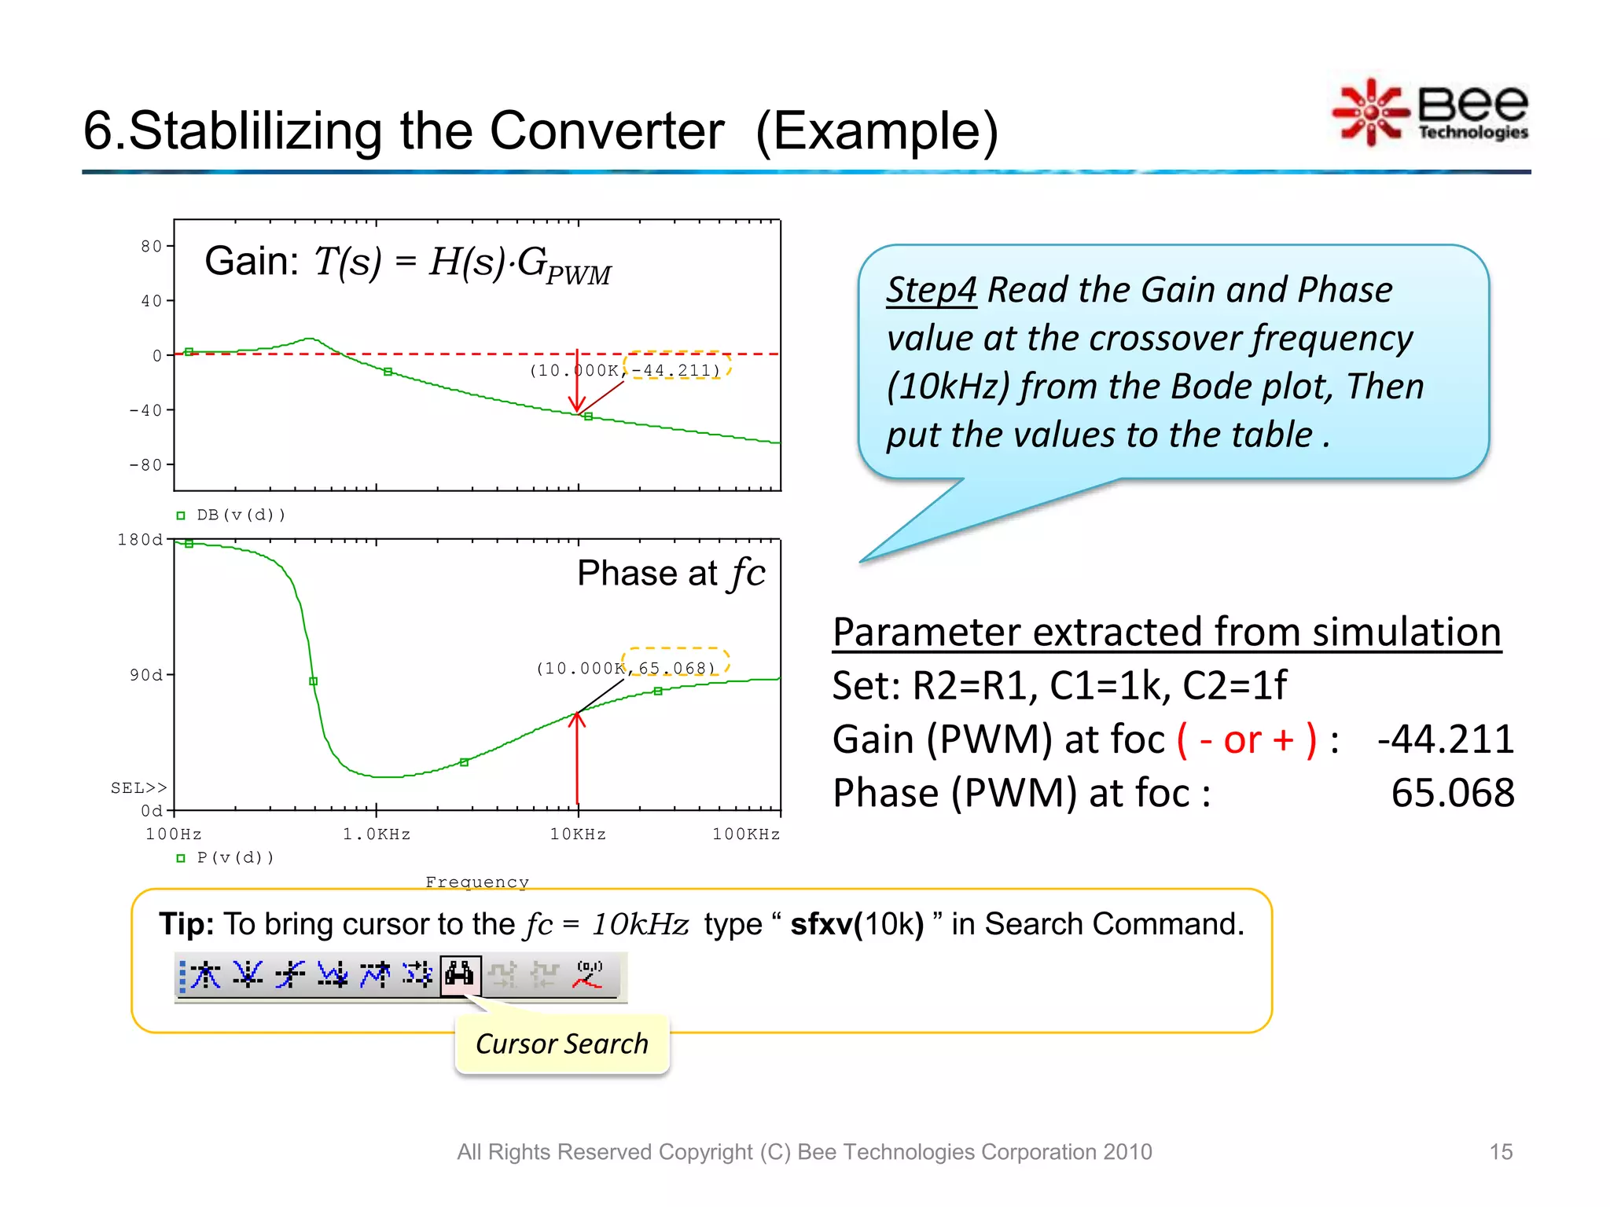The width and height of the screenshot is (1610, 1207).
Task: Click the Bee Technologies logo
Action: pos(1431,112)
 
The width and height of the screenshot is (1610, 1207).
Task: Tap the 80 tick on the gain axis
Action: pos(152,247)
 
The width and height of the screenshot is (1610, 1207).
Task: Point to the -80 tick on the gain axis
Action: pos(146,465)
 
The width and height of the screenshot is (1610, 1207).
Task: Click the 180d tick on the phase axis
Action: pos(140,540)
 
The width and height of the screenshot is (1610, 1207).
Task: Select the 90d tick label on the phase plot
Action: pos(146,675)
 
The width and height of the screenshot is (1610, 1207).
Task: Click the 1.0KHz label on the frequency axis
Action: pos(377,835)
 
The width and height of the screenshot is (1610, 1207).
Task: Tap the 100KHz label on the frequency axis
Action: pos(746,835)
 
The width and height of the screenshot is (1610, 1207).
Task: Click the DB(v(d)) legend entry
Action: pos(240,515)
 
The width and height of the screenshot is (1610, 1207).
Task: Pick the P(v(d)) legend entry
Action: pos(234,858)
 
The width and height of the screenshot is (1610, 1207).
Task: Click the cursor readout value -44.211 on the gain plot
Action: pos(676,370)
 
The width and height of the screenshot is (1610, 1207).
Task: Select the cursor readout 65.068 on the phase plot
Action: pos(676,669)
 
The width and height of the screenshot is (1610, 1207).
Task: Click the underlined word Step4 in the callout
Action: pos(931,290)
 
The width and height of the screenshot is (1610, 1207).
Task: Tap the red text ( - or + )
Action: pos(1246,740)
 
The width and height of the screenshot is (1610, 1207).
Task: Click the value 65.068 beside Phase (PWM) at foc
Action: pos(1452,793)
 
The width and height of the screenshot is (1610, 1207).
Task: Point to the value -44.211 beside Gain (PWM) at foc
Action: pos(1445,740)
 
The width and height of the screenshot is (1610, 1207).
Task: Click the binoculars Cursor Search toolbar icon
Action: pos(460,975)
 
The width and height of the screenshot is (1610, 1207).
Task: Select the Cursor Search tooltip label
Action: pos(561,1044)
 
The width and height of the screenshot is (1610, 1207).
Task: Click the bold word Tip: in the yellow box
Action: pos(186,925)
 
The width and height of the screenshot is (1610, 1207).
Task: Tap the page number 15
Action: pos(1500,1152)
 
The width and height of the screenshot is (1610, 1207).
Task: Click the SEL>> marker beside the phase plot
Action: pos(138,788)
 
